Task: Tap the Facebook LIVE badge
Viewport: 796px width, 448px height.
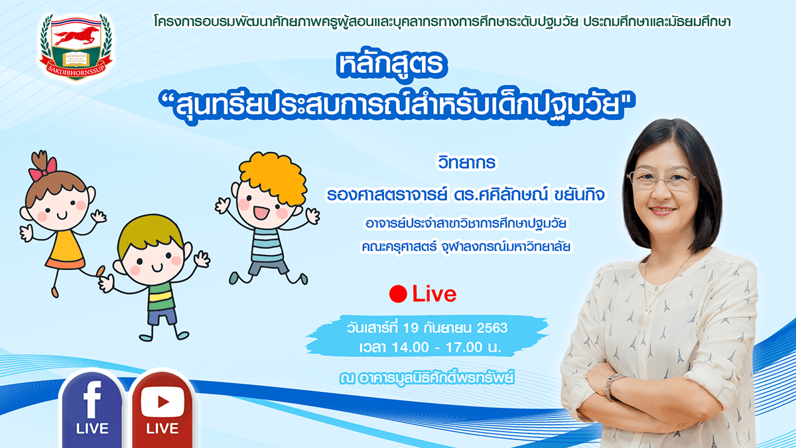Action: [92, 409]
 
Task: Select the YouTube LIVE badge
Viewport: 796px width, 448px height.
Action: [163, 409]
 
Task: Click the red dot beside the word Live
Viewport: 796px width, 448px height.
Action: [398, 294]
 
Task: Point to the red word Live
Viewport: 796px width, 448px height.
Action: [434, 294]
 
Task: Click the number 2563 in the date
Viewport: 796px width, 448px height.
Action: [492, 328]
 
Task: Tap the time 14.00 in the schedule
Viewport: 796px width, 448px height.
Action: [409, 347]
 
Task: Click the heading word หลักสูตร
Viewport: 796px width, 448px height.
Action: [391, 64]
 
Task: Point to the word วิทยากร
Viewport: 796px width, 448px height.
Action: [466, 163]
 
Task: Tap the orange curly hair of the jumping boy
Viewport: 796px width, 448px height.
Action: [273, 177]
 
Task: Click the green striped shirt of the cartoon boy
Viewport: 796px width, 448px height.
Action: [161, 296]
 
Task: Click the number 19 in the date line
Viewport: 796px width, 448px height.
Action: [411, 328]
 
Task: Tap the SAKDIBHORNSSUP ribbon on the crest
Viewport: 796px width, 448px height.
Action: [76, 67]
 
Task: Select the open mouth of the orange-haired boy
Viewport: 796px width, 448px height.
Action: [261, 212]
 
